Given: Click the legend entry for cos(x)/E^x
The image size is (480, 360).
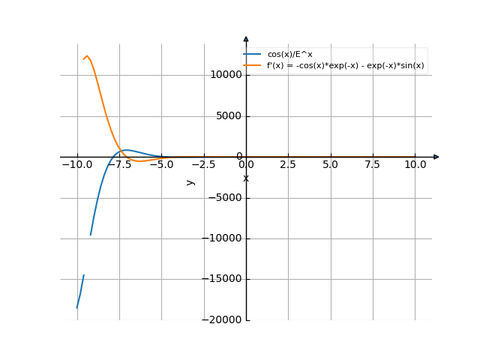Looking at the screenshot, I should tap(289, 55).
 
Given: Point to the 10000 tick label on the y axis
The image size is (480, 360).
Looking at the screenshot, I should tap(225, 75).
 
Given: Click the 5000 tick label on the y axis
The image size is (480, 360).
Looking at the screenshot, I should tap(228, 116).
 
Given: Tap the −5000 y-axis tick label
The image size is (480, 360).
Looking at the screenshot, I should tap(225, 198).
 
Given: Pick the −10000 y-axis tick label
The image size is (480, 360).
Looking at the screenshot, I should tap(222, 238).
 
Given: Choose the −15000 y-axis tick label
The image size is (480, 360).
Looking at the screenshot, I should tap(222, 280).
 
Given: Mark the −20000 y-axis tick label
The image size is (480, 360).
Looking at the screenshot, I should tap(222, 320).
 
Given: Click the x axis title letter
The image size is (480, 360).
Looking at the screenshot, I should tap(246, 178).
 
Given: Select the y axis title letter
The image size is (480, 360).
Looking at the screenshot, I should tap(190, 181).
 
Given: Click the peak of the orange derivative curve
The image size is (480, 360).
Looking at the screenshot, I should tap(87, 56).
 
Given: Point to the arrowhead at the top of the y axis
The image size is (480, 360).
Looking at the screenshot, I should tap(246, 38).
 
